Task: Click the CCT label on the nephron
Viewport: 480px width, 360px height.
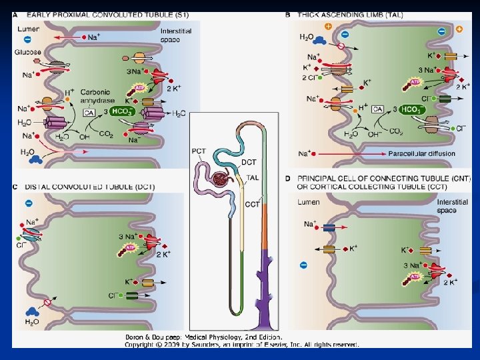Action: point(252,204)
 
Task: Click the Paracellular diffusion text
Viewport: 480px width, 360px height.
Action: point(422,154)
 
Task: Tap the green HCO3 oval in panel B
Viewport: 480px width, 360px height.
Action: point(413,109)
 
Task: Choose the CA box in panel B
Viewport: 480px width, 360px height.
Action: point(378,109)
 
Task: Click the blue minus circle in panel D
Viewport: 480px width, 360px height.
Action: point(303,265)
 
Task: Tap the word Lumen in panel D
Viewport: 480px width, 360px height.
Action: point(308,201)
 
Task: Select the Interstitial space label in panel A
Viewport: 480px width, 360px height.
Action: point(176,35)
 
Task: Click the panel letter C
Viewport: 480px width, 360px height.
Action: point(15,187)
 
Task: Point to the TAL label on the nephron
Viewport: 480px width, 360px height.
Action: point(253,178)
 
